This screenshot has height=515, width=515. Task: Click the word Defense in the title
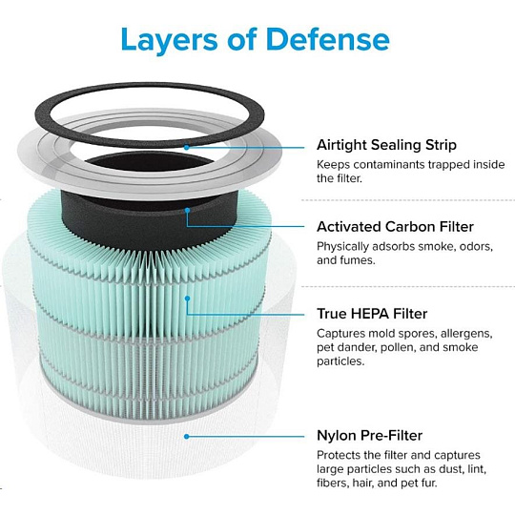328,39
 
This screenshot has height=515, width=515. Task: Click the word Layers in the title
169,41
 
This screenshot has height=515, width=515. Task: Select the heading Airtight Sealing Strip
386,145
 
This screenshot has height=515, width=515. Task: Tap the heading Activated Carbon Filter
395,227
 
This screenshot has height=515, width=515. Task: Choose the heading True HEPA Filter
372,314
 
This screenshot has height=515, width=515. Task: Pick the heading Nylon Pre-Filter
369,436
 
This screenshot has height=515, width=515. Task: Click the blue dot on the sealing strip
187,148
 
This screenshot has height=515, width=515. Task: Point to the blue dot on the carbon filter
187,210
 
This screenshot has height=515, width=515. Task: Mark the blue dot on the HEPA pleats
187,299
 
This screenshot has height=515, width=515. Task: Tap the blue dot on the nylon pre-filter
187,437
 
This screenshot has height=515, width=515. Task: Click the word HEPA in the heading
371,314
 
